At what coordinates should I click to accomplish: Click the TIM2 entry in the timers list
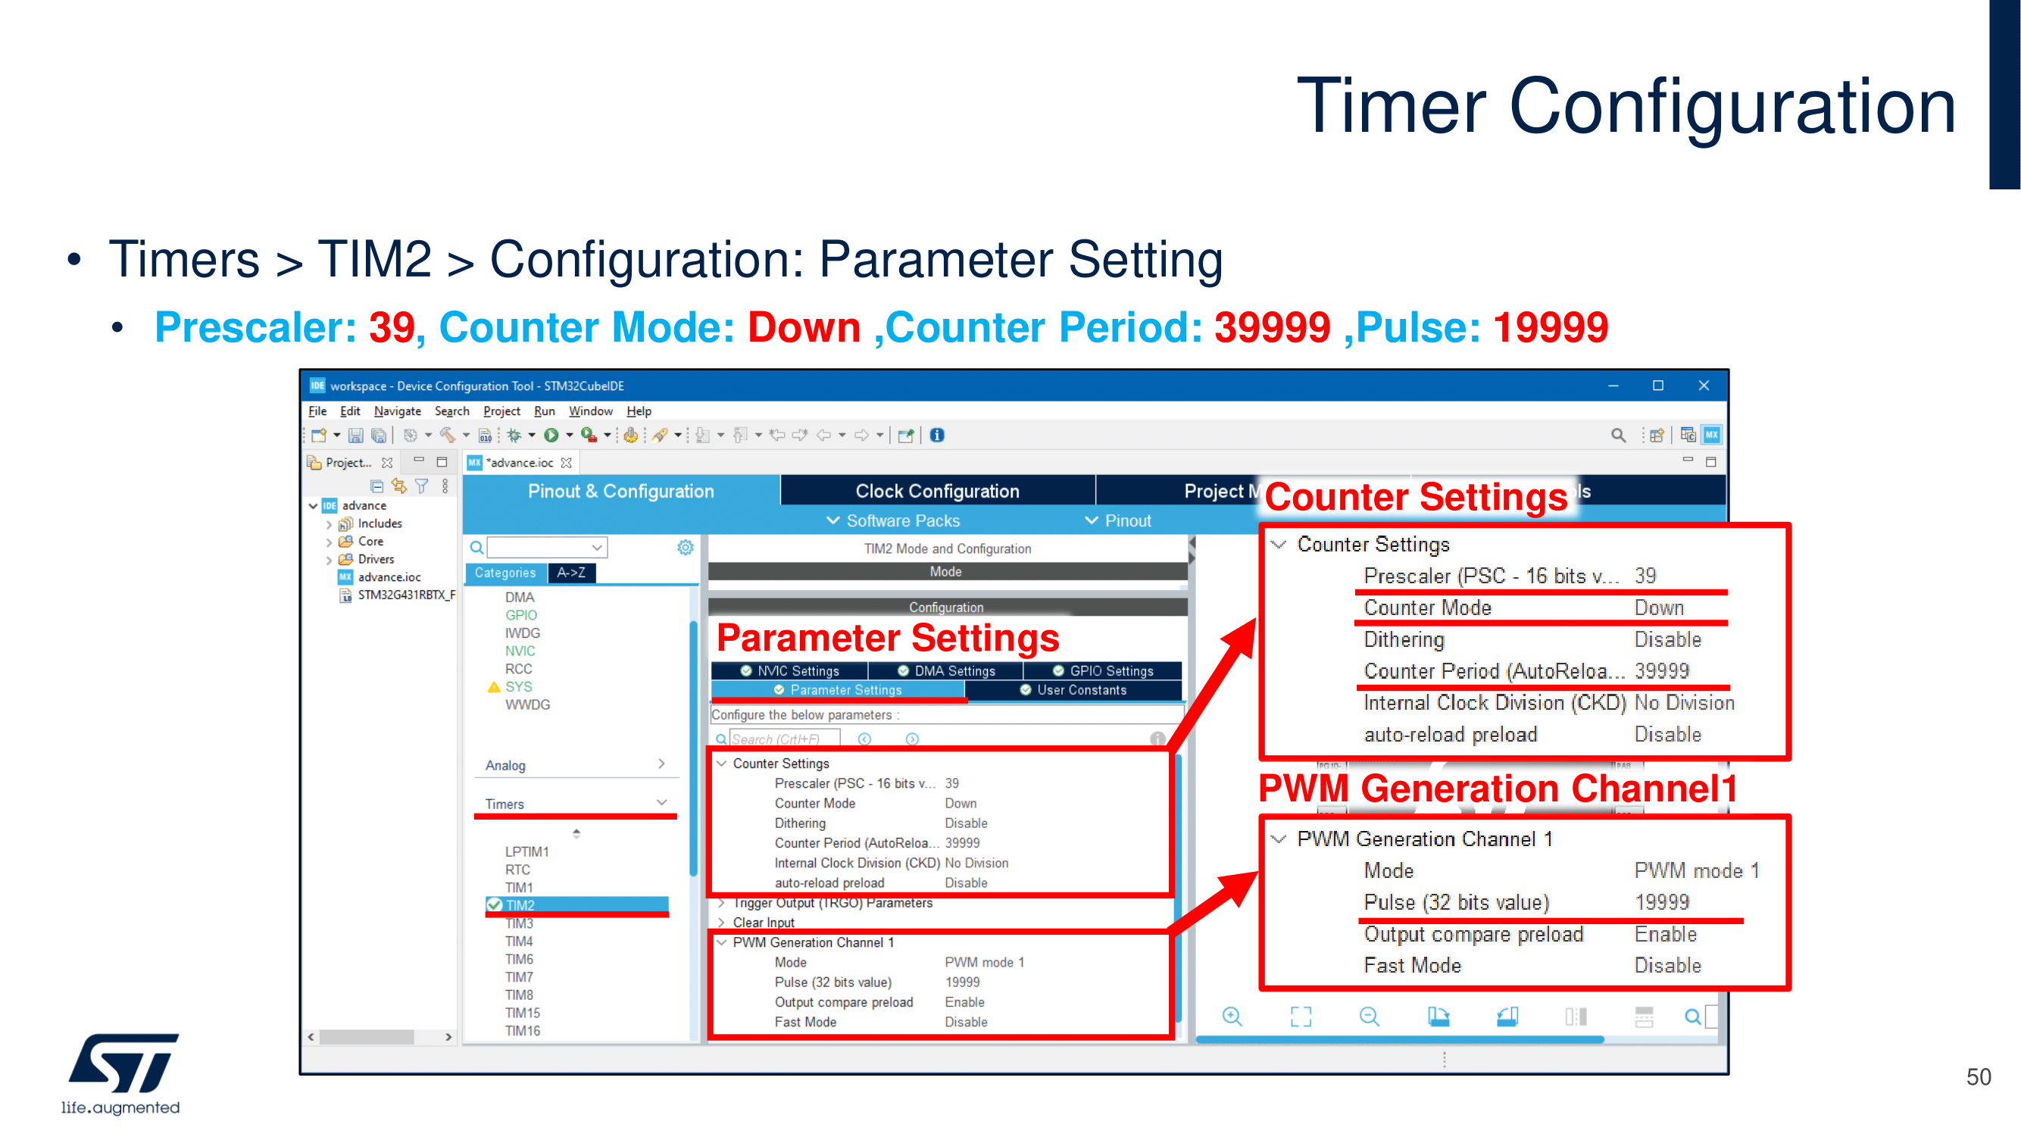pyautogui.click(x=520, y=904)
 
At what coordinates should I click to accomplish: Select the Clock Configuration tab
pyautogui.click(x=938, y=491)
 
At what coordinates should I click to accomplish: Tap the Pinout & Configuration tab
pyautogui.click(x=620, y=491)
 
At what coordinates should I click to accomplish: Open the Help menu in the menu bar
pyautogui.click(x=639, y=411)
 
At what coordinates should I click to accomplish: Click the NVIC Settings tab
pyautogui.click(x=790, y=671)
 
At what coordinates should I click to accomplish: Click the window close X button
pyautogui.click(x=1704, y=386)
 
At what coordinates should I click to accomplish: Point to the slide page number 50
pyautogui.click(x=1978, y=1076)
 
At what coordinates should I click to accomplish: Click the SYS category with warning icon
pyautogui.click(x=518, y=686)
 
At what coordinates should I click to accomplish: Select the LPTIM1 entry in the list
pyautogui.click(x=526, y=851)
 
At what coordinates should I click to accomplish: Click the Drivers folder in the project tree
pyautogui.click(x=376, y=559)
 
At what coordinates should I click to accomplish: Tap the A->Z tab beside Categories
pyautogui.click(x=571, y=573)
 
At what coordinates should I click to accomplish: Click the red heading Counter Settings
pyautogui.click(x=1415, y=497)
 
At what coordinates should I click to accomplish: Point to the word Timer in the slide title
pyautogui.click(x=1391, y=106)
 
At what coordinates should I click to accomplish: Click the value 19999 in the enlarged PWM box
pyautogui.click(x=1662, y=902)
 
